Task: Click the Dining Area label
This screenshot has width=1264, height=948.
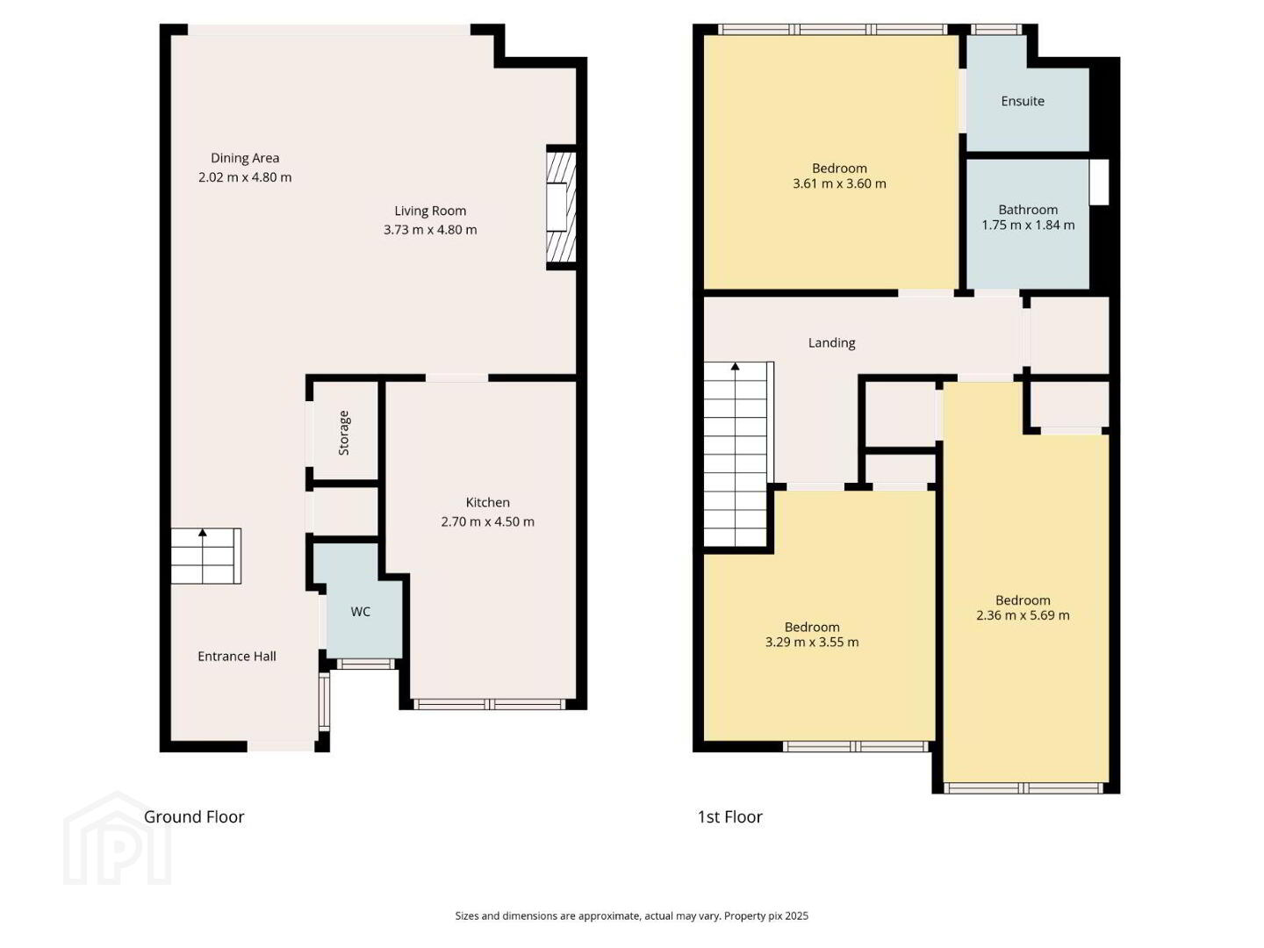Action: [245, 158]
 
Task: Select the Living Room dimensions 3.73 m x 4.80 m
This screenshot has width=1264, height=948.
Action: [430, 230]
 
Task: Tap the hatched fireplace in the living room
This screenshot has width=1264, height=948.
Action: [561, 208]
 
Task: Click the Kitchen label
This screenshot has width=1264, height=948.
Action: [487, 502]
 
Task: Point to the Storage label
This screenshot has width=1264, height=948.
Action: [344, 433]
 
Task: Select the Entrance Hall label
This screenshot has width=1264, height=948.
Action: [237, 657]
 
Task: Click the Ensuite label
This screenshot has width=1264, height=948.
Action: [1022, 101]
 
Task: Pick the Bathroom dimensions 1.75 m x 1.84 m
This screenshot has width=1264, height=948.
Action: [1028, 225]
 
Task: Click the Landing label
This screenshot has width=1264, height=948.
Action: [831, 343]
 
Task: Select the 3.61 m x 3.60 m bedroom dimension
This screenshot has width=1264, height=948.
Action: [839, 183]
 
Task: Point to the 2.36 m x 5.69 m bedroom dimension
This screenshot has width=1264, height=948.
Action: [1023, 615]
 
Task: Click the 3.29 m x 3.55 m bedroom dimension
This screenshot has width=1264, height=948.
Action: [811, 642]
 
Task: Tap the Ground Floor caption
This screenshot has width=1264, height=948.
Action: [194, 816]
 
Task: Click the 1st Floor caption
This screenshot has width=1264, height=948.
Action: [729, 816]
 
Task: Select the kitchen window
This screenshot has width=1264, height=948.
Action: [490, 703]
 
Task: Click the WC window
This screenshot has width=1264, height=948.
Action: [366, 664]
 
